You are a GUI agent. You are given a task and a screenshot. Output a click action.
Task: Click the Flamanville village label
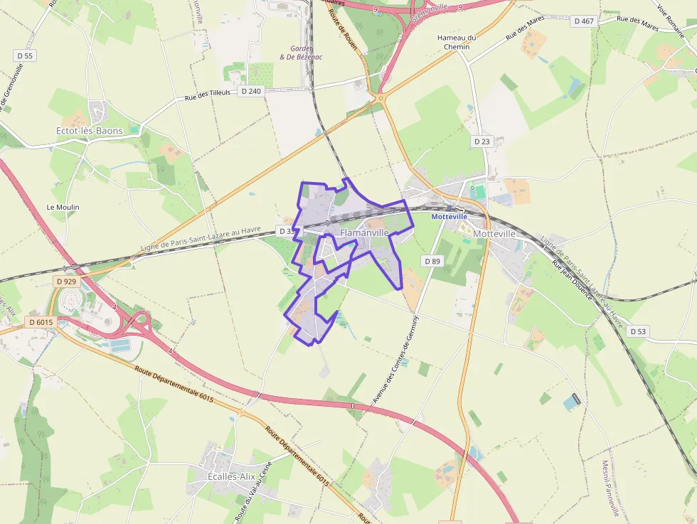(x=364, y=232)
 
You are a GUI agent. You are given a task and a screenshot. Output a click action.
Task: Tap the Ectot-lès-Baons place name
(x=89, y=131)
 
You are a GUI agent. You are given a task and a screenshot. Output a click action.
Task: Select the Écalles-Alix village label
(x=231, y=476)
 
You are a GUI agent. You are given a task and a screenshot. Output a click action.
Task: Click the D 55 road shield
(x=24, y=55)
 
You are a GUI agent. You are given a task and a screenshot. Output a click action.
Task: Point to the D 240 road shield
(x=251, y=91)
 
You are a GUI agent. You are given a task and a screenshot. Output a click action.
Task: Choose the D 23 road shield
(x=481, y=141)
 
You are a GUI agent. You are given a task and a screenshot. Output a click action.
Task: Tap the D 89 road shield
(x=433, y=261)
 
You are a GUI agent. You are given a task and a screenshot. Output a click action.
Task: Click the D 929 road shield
(x=65, y=282)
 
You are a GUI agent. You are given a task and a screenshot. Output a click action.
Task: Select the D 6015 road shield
(x=41, y=322)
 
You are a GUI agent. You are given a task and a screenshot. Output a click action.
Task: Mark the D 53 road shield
(x=638, y=331)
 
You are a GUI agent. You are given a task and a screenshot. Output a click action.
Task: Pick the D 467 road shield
(x=582, y=21)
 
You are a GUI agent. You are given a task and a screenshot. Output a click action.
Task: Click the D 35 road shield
(x=287, y=231)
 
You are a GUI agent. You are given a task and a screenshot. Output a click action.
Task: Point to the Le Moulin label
(x=63, y=207)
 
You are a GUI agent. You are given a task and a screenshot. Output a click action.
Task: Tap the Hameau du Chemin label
(x=457, y=42)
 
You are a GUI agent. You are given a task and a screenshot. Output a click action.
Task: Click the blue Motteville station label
(x=449, y=216)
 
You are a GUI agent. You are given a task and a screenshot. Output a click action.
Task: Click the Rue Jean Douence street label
(x=573, y=279)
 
